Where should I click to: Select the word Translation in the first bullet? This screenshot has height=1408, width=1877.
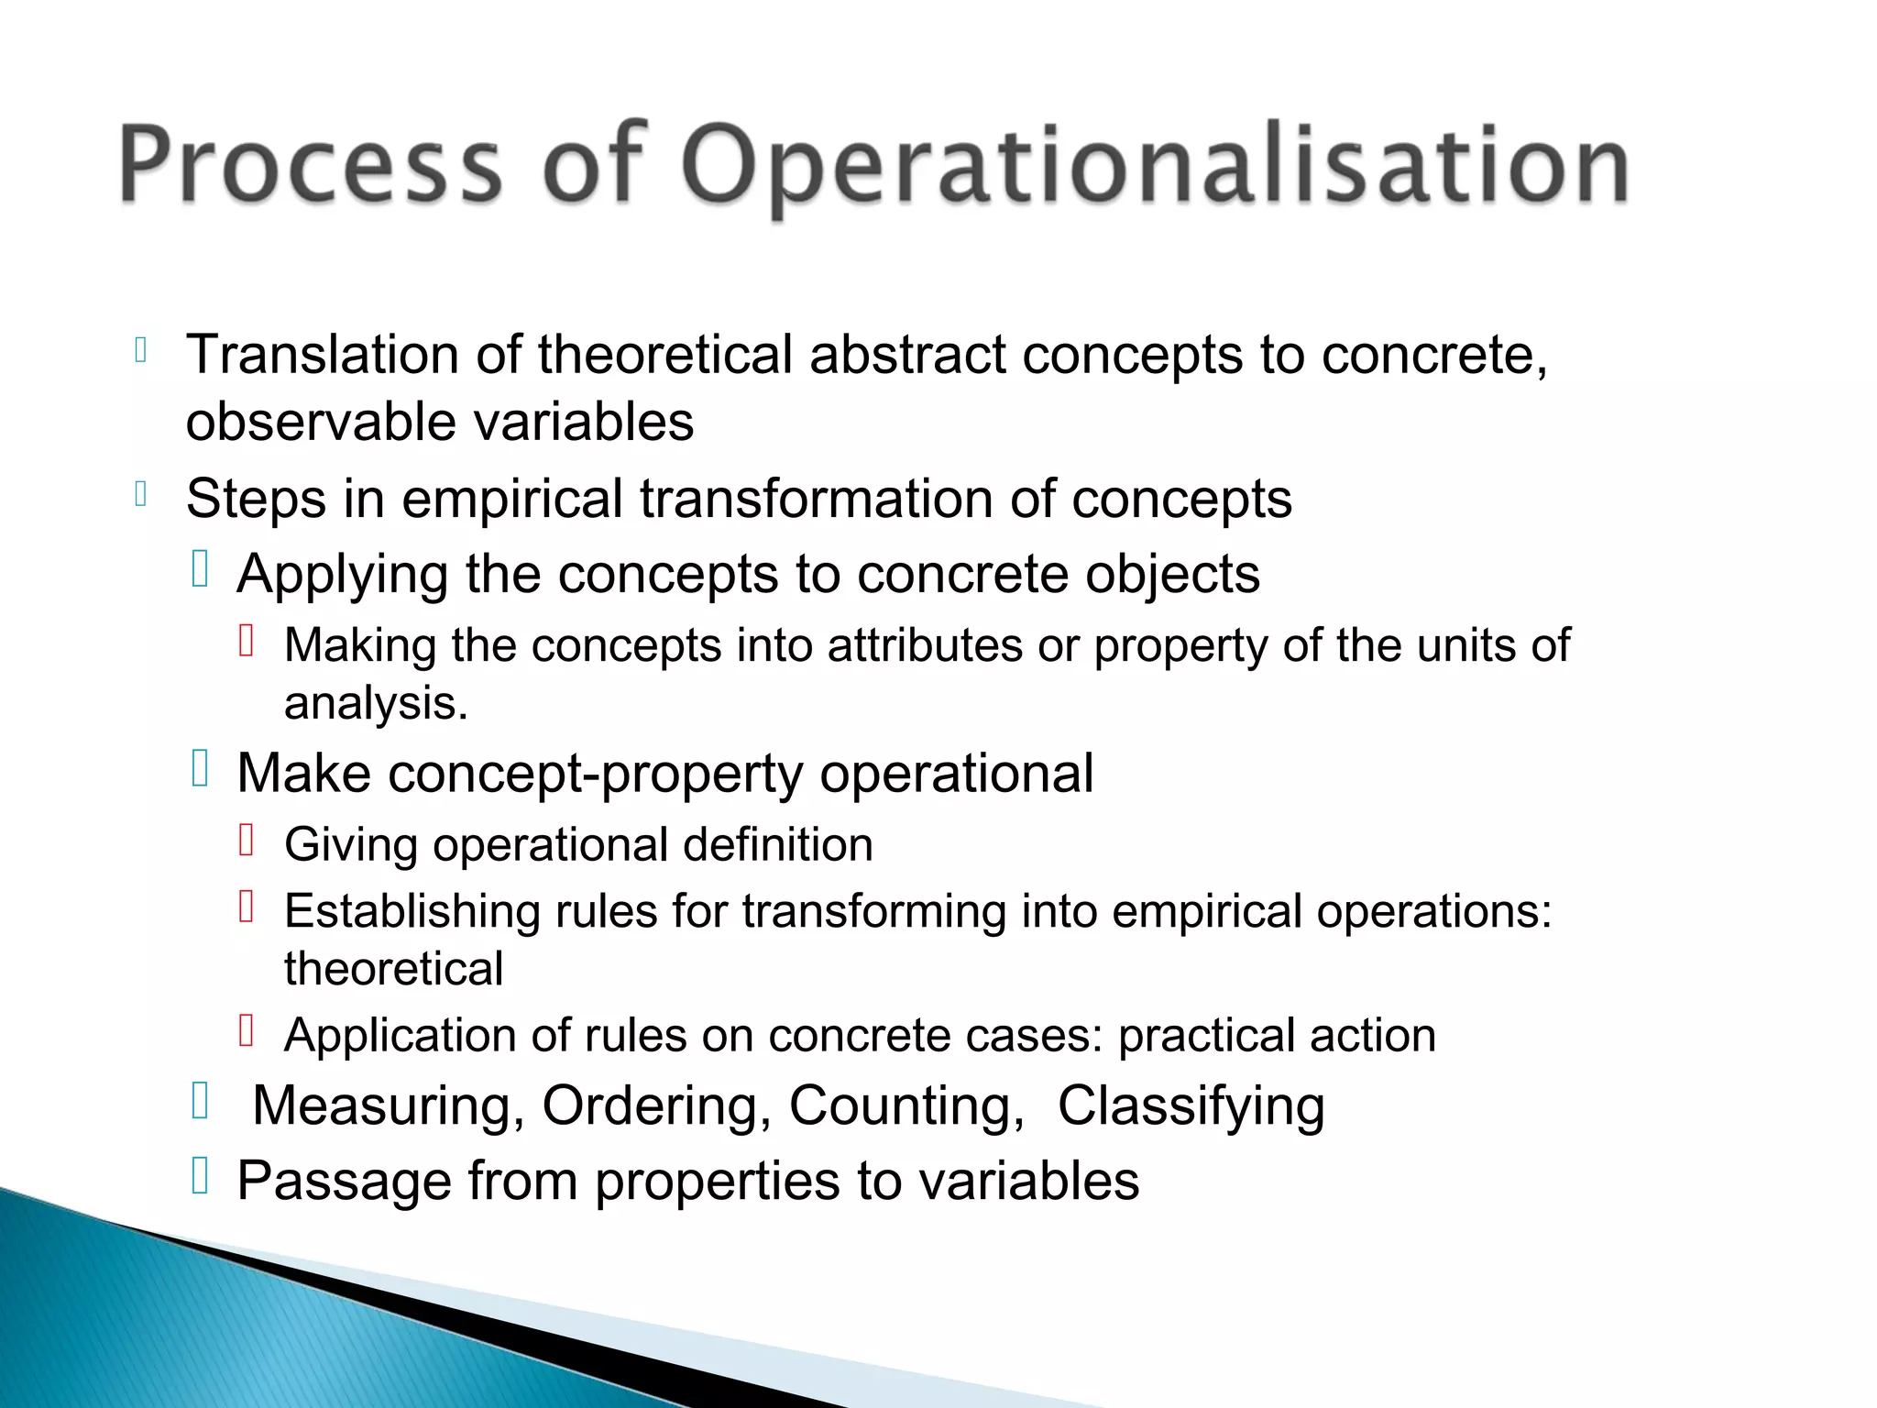(322, 355)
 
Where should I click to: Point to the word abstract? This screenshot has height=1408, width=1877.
(907, 355)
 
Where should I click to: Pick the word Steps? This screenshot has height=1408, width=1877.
(256, 500)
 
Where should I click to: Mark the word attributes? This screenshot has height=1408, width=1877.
(925, 646)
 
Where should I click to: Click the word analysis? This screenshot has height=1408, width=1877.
(376, 704)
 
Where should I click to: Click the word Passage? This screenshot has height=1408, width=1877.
(345, 1182)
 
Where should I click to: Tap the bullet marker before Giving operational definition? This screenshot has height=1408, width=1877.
(246, 841)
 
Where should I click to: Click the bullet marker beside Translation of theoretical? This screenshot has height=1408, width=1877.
(140, 350)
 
